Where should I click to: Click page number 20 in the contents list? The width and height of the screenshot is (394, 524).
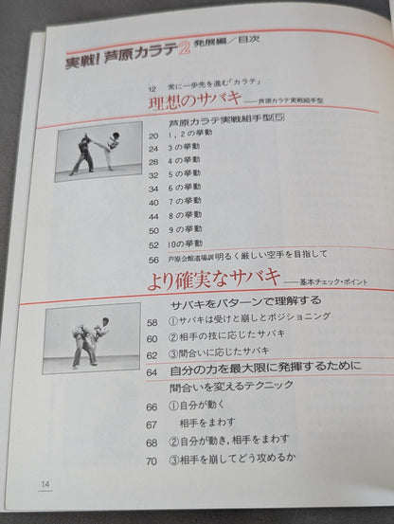(x=152, y=136)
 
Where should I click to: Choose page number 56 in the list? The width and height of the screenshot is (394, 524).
(x=153, y=258)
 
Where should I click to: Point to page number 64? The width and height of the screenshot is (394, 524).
(x=152, y=370)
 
